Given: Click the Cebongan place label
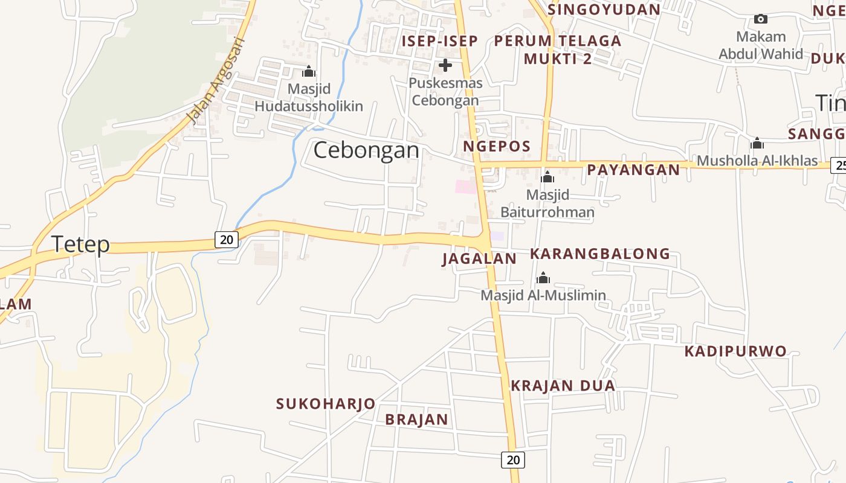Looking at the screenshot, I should [x=366, y=150].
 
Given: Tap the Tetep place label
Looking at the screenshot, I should [x=80, y=245].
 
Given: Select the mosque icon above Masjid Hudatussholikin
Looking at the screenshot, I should [x=309, y=72].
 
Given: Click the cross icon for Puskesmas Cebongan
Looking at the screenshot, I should [x=445, y=65].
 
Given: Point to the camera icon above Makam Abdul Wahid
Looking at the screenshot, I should [x=761, y=19].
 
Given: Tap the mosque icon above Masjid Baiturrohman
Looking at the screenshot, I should [x=547, y=178].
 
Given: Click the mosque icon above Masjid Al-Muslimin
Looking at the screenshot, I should [x=543, y=278].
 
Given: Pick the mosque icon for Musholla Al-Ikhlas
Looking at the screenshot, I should [x=757, y=144].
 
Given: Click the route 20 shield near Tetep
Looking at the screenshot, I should [x=227, y=240].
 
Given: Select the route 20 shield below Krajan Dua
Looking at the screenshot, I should [x=513, y=460].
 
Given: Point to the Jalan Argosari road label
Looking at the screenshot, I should [x=216, y=80].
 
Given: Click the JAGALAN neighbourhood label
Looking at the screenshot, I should [x=479, y=259].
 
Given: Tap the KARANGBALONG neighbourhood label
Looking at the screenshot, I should [x=600, y=254].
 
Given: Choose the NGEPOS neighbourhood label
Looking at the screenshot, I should [x=497, y=146].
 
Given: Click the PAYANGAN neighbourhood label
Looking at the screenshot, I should [x=633, y=170].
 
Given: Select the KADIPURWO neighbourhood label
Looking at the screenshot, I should [x=735, y=351].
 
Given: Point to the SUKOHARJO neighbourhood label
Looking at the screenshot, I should [x=326, y=404].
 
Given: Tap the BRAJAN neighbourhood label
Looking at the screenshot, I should [x=417, y=420].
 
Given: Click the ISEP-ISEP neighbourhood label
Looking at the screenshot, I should [x=440, y=41].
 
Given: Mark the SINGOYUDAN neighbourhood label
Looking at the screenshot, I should [x=604, y=10].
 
